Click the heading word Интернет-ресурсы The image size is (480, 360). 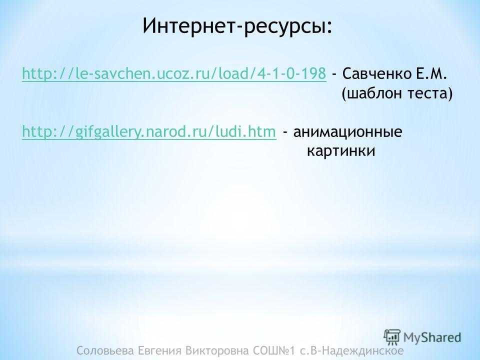click(x=235, y=26)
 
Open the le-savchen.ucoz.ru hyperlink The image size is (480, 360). click(x=174, y=74)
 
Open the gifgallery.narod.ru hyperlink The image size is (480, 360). click(x=149, y=132)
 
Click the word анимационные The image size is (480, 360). click(x=348, y=132)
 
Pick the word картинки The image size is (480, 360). click(x=341, y=151)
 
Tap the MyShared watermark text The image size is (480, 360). click(x=432, y=337)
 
